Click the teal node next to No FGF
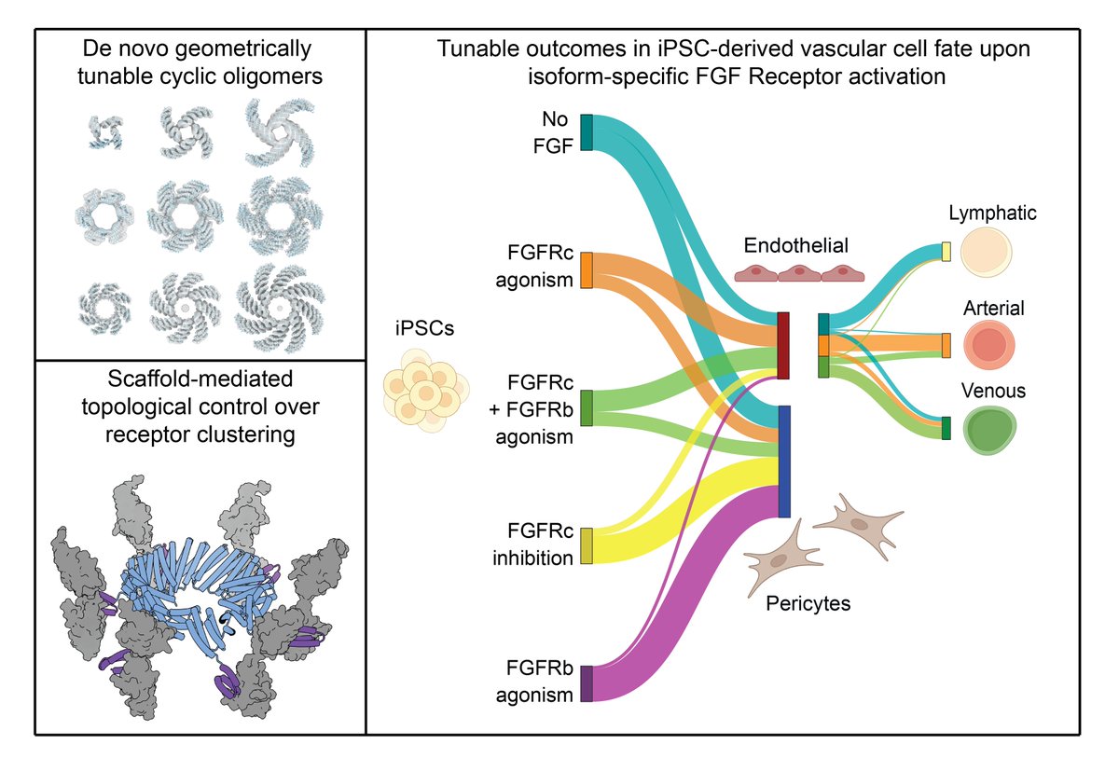587,131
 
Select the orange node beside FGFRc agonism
587,269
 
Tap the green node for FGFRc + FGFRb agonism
587,407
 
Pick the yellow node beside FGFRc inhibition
587,545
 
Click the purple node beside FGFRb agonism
587,682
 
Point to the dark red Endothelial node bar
783,346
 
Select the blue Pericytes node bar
784,461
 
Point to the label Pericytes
808,603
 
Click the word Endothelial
795,247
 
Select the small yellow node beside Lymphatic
946,252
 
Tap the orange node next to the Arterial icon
946,345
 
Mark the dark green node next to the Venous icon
946,428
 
